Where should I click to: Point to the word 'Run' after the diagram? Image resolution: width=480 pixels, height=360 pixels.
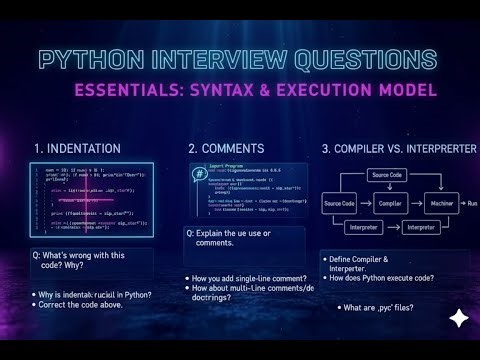[471, 203]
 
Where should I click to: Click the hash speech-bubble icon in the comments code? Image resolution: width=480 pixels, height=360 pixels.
[196, 173]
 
